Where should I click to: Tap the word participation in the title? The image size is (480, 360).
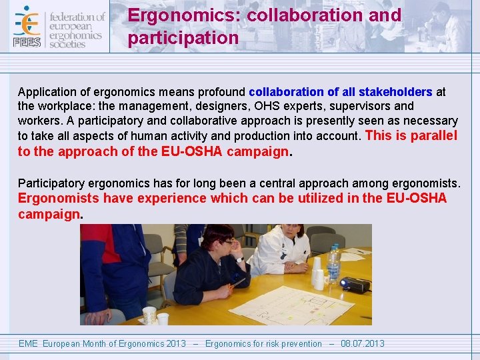coord(183,38)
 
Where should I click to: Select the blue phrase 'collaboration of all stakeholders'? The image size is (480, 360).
coord(340,92)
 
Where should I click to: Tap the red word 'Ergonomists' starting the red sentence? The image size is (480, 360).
coord(59,199)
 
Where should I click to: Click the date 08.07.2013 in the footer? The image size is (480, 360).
coord(363,344)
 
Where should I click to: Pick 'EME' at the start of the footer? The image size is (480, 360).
coord(28,344)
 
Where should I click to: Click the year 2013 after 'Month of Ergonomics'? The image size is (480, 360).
coord(176,344)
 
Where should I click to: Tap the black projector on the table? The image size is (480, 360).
coord(355,285)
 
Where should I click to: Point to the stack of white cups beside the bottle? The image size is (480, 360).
coord(318,273)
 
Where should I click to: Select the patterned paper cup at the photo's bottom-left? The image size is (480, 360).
coord(149,315)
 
